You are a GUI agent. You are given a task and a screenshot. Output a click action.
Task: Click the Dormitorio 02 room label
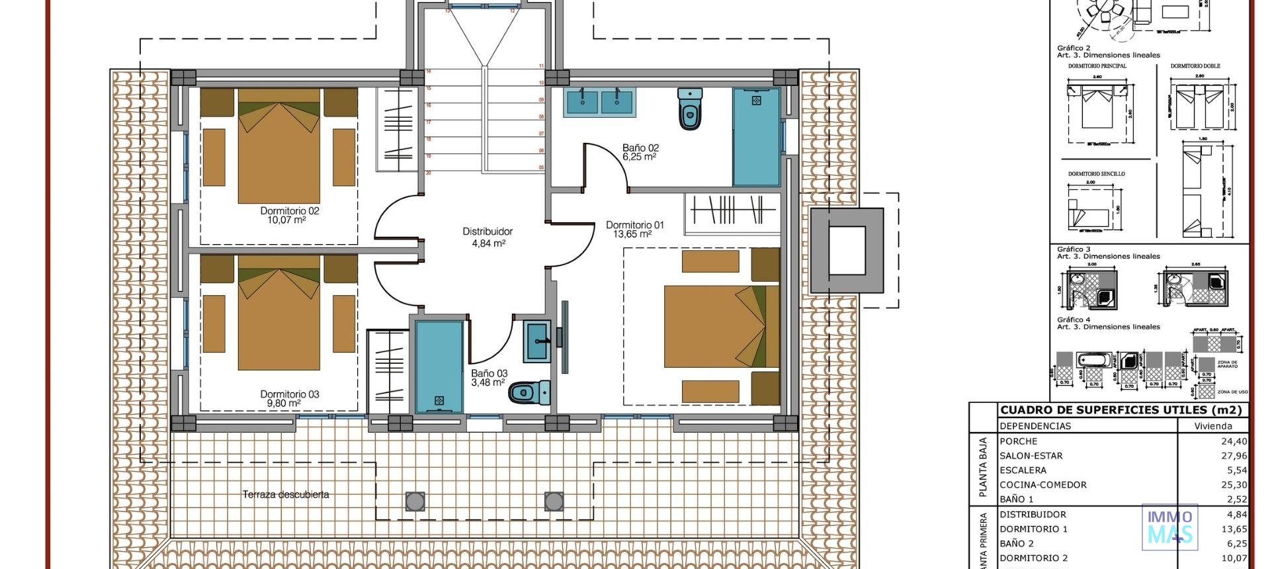[x=290, y=211]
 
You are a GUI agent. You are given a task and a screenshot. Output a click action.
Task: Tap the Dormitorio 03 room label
[x=290, y=394]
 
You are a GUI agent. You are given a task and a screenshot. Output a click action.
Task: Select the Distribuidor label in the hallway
[x=487, y=232]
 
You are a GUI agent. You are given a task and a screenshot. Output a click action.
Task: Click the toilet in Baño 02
[x=689, y=109]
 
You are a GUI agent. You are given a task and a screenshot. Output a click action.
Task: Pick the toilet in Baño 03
[x=529, y=392]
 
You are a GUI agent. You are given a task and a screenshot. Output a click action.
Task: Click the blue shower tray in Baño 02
[x=756, y=137]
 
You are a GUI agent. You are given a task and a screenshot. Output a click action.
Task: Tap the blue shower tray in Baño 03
[x=439, y=367]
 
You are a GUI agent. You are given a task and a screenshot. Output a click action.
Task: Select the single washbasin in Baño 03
[x=536, y=341]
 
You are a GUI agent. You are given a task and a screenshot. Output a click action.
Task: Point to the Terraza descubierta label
[x=286, y=494]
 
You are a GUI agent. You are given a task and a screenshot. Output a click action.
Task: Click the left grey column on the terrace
[x=415, y=502]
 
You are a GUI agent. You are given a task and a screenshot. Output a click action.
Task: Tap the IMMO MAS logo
[x=1169, y=527]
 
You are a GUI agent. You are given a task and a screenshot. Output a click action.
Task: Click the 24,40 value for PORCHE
[x=1234, y=441]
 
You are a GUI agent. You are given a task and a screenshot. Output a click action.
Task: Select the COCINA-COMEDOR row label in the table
[x=1043, y=485]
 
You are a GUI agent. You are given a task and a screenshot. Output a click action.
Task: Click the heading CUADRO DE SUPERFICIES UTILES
[x=1122, y=410]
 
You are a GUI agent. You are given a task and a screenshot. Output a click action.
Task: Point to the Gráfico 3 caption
[x=1074, y=249]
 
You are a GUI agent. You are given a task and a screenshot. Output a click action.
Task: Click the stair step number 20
[x=429, y=173]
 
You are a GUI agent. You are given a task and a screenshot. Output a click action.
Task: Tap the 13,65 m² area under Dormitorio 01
[x=632, y=234]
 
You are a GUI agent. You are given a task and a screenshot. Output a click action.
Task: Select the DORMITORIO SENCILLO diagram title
[x=1096, y=174]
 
